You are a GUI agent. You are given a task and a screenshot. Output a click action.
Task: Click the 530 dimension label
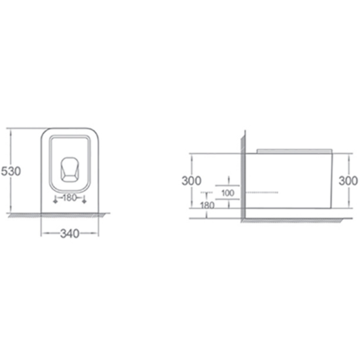tap(10, 171)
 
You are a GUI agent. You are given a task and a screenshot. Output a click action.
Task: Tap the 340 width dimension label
tap(70, 234)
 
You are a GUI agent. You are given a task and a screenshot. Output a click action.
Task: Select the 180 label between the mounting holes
tap(70, 198)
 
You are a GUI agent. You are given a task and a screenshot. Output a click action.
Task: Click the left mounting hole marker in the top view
tap(55, 200)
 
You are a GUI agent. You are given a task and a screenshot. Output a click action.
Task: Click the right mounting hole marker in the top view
tap(84, 200)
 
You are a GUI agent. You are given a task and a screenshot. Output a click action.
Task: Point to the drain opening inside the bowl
tap(70, 169)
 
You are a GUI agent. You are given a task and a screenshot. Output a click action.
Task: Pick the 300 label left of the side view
tap(191, 180)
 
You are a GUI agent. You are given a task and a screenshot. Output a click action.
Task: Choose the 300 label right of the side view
tap(348, 180)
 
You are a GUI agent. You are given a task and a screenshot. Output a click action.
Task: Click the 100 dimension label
tap(228, 193)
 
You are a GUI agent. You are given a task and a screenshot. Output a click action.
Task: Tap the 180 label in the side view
tap(207, 205)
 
